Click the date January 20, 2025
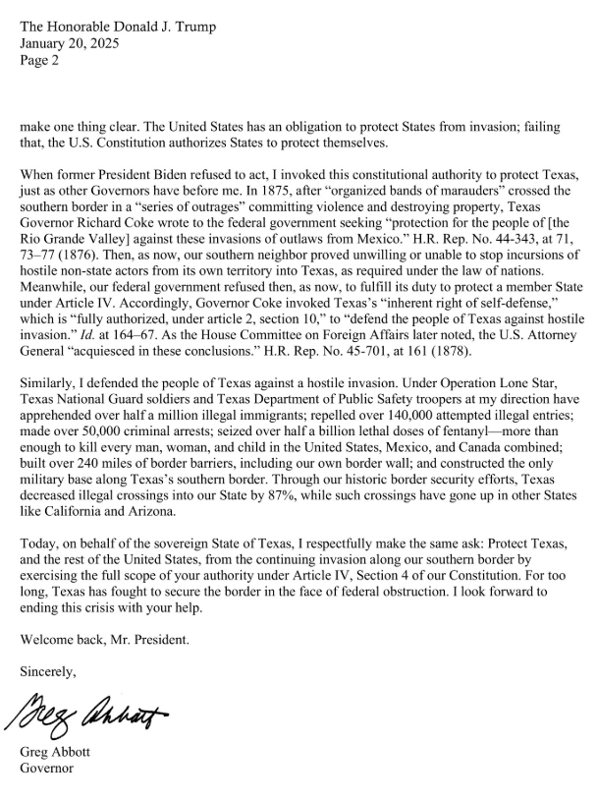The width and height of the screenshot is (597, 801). coord(62,44)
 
